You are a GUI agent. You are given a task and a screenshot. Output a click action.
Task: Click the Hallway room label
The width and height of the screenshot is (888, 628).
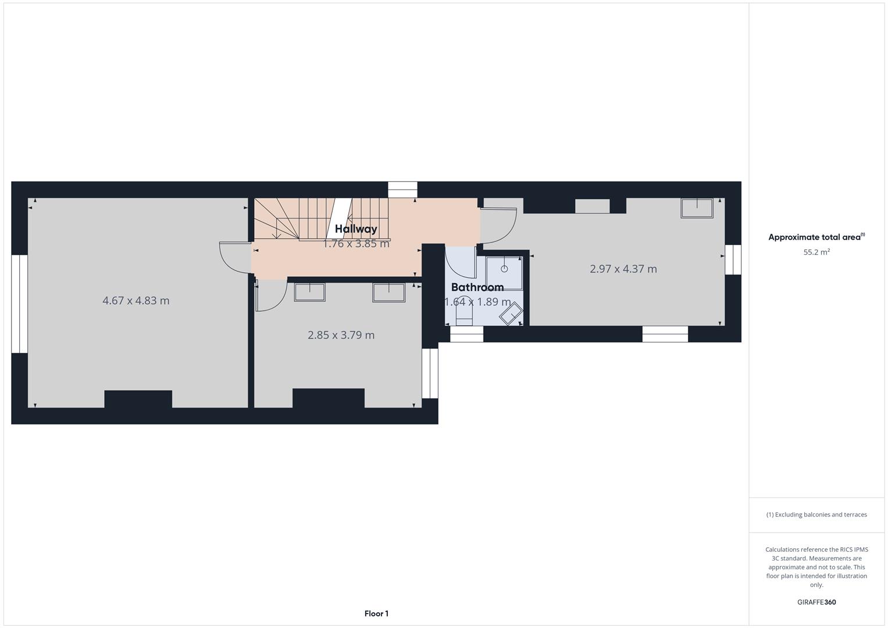click(x=356, y=229)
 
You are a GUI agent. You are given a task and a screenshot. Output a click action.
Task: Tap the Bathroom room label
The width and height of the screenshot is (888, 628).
click(x=477, y=287)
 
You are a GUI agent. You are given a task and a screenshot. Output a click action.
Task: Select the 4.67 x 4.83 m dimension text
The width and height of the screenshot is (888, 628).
click(x=136, y=301)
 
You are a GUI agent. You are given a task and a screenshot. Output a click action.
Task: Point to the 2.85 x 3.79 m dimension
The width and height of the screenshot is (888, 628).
click(x=341, y=335)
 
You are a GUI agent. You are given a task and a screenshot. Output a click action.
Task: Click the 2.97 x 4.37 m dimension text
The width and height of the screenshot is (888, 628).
click(x=623, y=269)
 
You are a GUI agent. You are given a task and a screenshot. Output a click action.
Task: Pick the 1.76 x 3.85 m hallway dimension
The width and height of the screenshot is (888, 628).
click(x=356, y=244)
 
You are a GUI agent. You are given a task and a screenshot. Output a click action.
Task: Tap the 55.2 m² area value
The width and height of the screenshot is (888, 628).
click(x=816, y=252)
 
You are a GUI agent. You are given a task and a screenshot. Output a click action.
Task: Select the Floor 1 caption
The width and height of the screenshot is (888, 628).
click(x=376, y=613)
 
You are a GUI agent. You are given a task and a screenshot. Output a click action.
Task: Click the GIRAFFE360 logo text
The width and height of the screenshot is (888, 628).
click(x=816, y=602)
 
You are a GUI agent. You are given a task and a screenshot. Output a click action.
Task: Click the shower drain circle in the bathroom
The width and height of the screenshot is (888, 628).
click(x=504, y=269)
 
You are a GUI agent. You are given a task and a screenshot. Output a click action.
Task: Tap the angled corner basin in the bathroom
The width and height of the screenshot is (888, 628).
click(x=511, y=315)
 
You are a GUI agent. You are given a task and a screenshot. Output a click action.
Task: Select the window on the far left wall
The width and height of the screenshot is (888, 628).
click(x=19, y=304)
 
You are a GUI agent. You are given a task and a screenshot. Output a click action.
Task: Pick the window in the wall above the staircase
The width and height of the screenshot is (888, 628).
click(x=402, y=190)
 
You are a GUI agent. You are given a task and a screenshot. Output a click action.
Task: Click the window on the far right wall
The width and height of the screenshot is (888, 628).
click(x=733, y=259)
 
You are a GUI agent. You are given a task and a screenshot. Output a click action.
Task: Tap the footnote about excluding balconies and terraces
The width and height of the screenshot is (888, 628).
click(x=816, y=515)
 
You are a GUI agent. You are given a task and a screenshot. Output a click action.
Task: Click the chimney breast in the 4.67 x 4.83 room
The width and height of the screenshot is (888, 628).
click(x=138, y=399)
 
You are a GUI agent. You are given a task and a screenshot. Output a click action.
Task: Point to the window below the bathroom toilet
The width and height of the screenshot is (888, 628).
click(x=466, y=334)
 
